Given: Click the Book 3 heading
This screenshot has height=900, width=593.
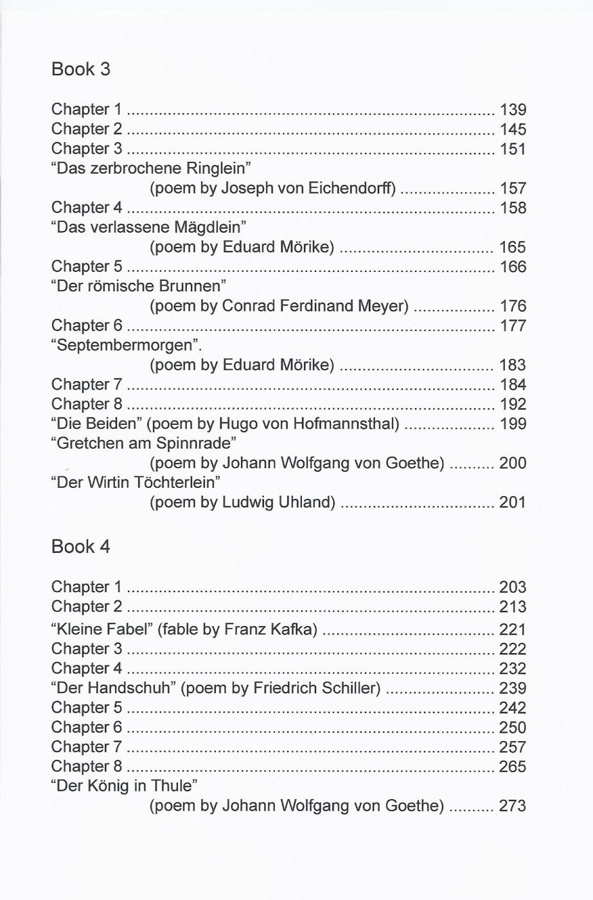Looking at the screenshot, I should tap(80, 69).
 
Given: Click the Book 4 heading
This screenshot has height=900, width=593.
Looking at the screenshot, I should tap(80, 546).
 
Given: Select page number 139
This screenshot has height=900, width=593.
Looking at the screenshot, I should tap(513, 110).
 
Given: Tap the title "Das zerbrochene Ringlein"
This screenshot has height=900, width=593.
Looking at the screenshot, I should tap(150, 168).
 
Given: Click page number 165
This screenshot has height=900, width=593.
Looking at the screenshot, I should tap(513, 248).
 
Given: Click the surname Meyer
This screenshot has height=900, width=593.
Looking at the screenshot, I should tap(383, 306).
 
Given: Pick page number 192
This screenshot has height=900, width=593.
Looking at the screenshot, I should tap(513, 404).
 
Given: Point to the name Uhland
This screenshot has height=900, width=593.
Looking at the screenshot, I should tap(306, 502).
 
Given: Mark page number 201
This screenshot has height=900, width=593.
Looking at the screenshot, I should tap(513, 502).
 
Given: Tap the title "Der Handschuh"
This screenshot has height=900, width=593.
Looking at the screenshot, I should tap(113, 688).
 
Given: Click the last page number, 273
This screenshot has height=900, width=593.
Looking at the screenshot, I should tap(513, 806).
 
